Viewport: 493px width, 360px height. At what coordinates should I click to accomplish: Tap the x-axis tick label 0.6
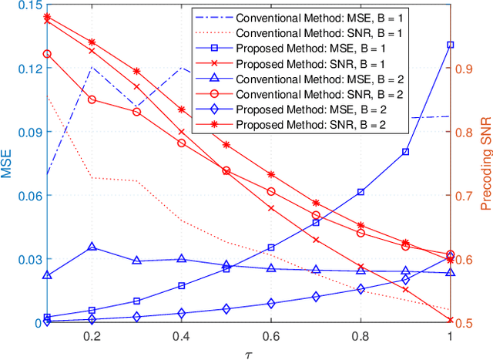[x=270, y=336]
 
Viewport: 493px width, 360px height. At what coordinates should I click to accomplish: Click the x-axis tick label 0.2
[x=92, y=336]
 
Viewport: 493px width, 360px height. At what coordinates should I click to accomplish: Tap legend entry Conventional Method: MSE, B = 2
[x=323, y=78]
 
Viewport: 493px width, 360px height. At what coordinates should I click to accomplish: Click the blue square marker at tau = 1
[x=450, y=45]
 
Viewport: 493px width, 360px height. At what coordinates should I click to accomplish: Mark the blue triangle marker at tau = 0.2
[x=92, y=247]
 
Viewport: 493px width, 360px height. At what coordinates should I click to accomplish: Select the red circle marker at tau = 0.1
[x=47, y=54]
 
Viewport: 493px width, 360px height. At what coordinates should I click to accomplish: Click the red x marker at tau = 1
[x=450, y=320]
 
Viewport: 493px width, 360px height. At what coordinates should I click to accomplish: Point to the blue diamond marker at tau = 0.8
[x=361, y=289]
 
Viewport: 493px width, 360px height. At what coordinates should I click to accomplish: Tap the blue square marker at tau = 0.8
[x=361, y=192]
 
